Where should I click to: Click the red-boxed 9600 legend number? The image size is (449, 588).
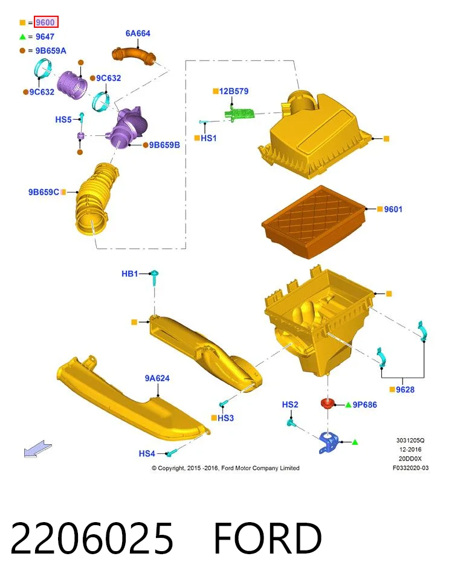[46, 22]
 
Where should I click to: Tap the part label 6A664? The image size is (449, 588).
[138, 33]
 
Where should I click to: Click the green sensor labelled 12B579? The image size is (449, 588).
[239, 113]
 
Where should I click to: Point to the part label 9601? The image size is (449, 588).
[393, 209]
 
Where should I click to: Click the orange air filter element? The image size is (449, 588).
[314, 221]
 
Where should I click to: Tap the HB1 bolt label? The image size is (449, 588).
[130, 274]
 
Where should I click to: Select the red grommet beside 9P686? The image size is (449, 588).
[328, 404]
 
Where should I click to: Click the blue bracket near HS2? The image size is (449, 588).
[329, 442]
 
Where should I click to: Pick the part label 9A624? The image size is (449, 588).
[157, 378]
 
